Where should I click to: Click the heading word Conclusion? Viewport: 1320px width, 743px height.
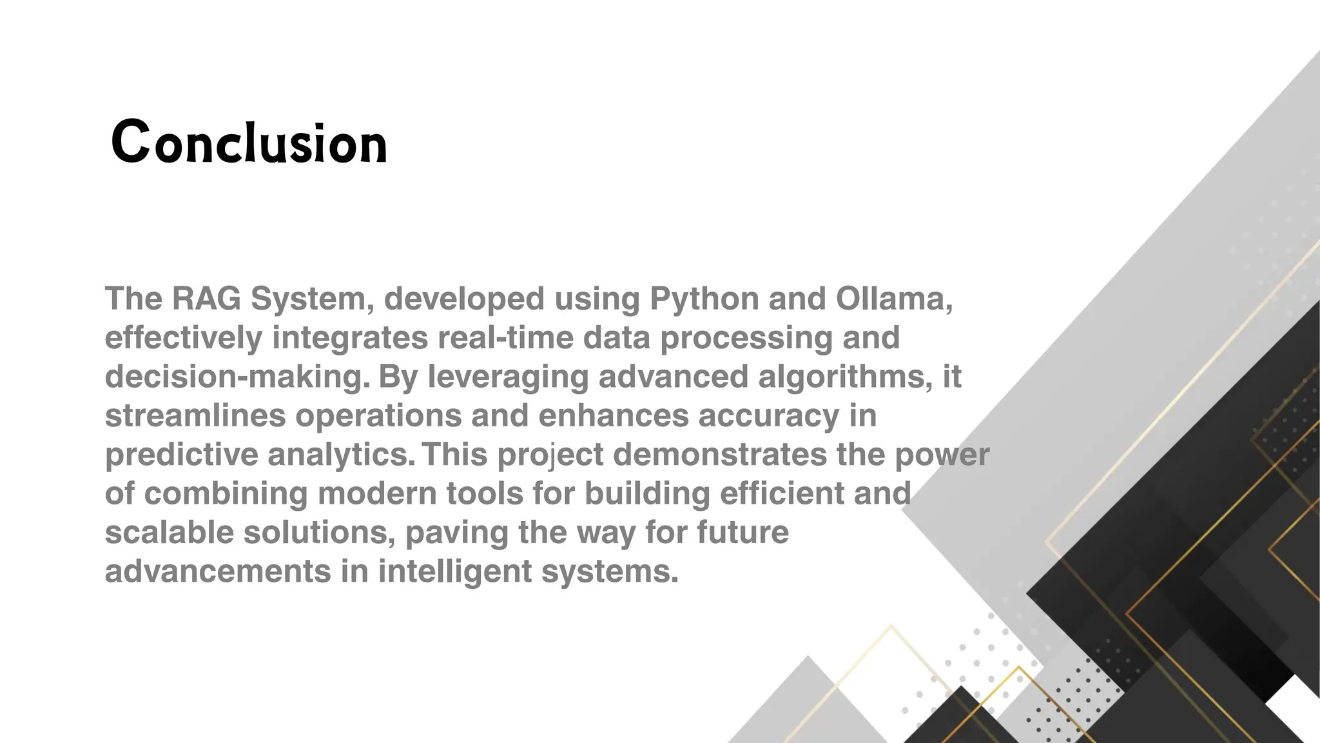click(x=249, y=143)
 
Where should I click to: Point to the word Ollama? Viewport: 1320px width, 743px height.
click(x=893, y=299)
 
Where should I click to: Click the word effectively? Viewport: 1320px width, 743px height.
click(x=184, y=338)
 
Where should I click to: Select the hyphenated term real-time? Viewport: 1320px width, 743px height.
click(x=505, y=338)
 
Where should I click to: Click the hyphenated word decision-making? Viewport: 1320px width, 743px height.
click(x=237, y=377)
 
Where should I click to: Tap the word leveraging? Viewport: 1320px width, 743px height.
click(x=508, y=377)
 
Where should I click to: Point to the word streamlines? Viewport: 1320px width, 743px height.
click(x=195, y=416)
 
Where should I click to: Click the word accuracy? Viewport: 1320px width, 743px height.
click(x=768, y=416)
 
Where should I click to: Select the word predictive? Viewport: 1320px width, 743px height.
click(x=181, y=455)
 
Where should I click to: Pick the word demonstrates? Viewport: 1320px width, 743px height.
click(x=719, y=455)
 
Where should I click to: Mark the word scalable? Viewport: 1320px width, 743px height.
click(x=169, y=533)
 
